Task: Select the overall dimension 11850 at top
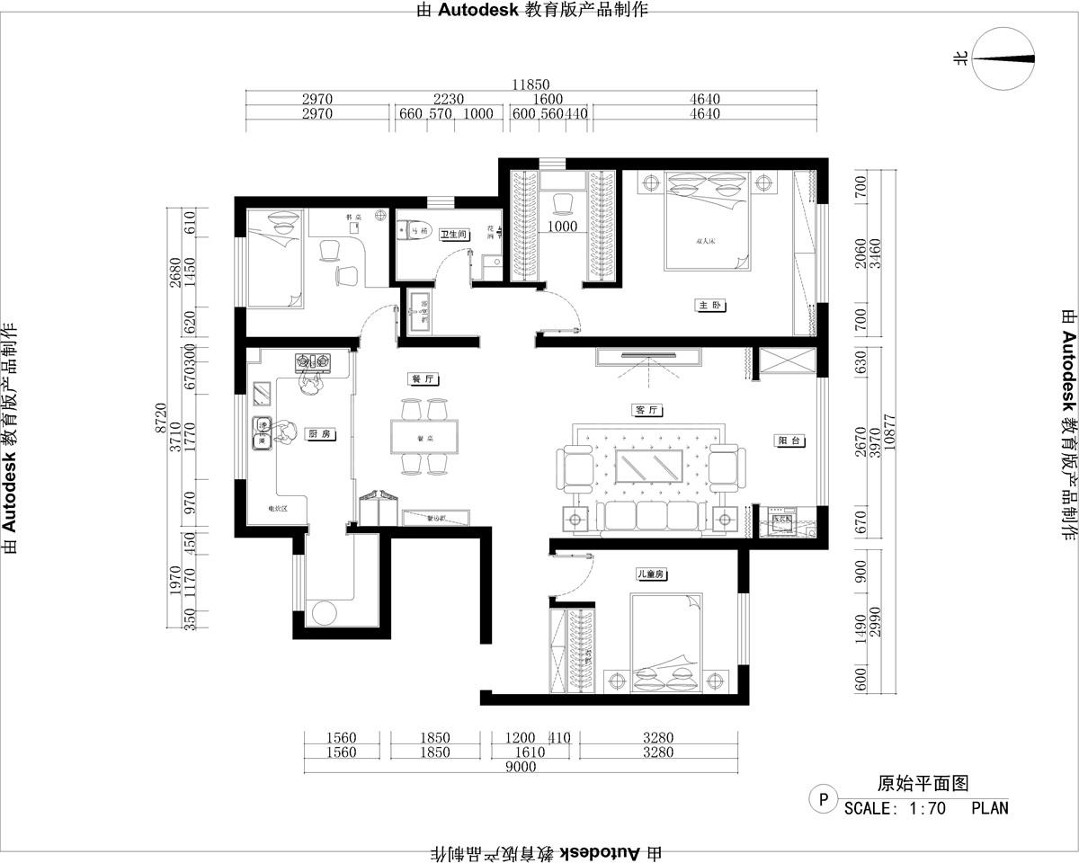(531, 85)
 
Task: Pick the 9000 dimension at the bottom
(521, 767)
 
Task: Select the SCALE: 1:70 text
(896, 808)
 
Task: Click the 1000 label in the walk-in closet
(563, 227)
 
